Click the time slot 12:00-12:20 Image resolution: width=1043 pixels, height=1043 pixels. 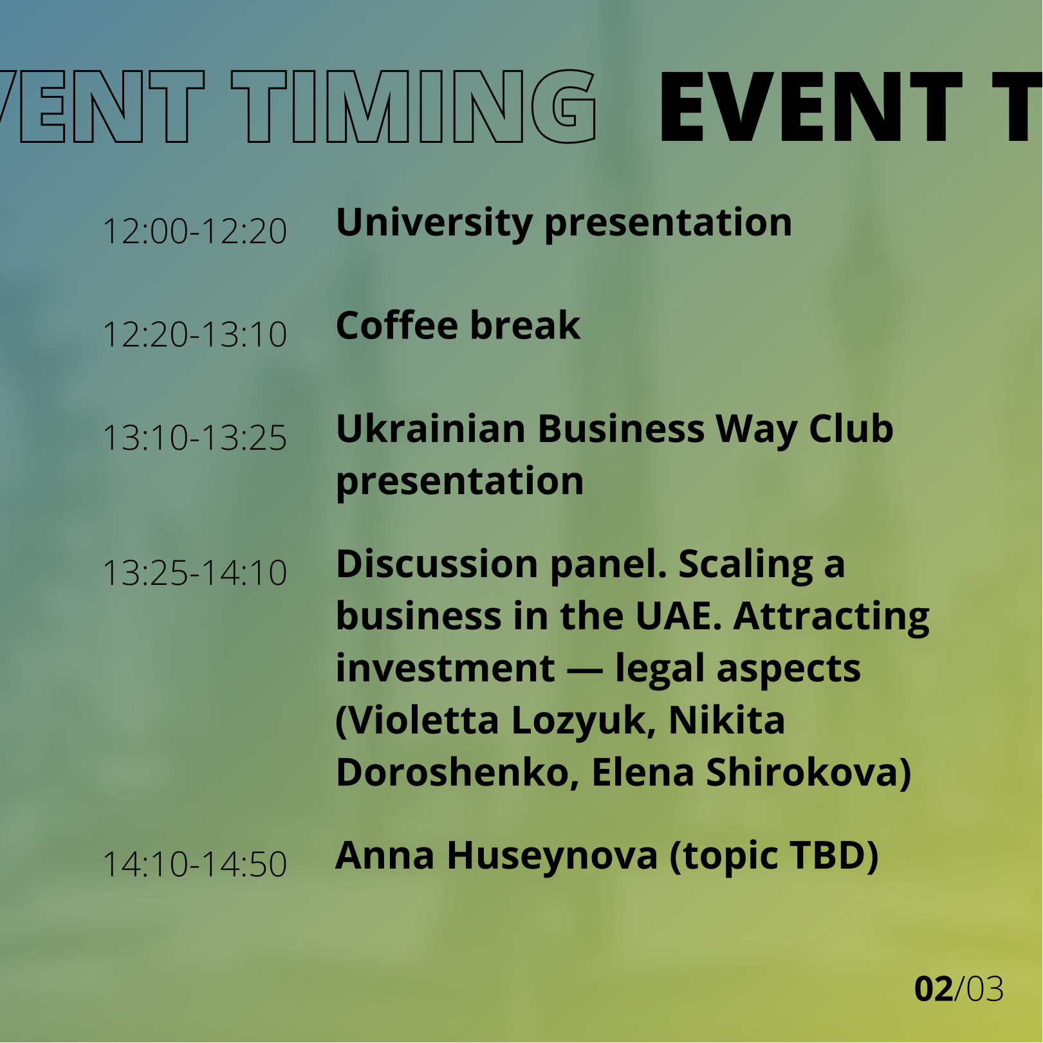[194, 231]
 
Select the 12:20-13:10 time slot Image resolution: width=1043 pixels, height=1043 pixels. [194, 335]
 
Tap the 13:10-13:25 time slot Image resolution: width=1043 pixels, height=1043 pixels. [194, 438]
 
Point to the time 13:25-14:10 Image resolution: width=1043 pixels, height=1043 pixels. [194, 573]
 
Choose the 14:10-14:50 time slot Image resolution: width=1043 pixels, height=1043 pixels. [194, 864]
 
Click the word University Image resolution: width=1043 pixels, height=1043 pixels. [434, 224]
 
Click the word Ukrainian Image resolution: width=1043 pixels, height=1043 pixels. [430, 429]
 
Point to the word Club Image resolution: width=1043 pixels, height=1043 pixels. [851, 429]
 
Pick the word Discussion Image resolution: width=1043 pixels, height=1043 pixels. [437, 564]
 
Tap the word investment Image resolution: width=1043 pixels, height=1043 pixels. [445, 669]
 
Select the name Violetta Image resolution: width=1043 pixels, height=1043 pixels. [418, 721]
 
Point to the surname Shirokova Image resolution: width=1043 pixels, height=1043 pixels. [808, 773]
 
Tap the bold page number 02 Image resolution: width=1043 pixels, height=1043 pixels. [934, 989]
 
